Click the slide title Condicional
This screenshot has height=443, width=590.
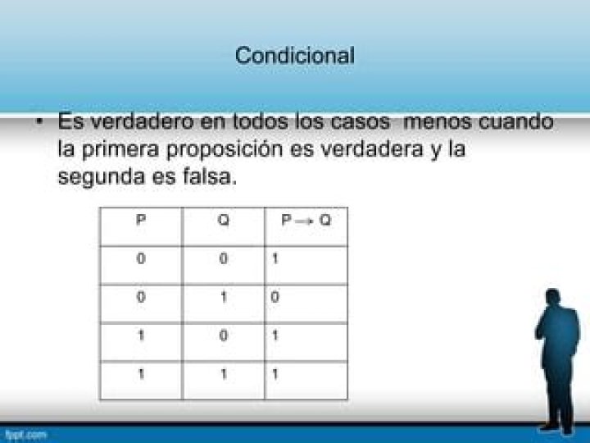pos(295,56)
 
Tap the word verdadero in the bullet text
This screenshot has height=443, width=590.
pos(143,121)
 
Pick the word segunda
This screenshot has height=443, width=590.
pos(102,177)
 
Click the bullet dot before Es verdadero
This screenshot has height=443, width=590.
pos(39,121)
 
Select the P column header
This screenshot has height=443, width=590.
pos(141,219)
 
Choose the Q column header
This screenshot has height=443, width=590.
pos(223,220)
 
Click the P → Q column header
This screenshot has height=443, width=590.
pos(306,220)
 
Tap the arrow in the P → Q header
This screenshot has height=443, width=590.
pos(304,221)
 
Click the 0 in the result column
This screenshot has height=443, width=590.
pos(275,297)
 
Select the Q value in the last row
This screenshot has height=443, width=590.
pos(224,374)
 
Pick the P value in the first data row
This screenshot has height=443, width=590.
pos(141,258)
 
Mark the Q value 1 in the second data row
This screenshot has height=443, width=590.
pos(224,297)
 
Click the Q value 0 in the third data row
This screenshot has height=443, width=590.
pos(223,336)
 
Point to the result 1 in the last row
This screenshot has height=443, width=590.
pos(275,374)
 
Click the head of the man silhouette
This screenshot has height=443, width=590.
pos(552,298)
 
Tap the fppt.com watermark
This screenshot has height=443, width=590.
pos(25,435)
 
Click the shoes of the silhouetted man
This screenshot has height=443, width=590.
pos(558,429)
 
